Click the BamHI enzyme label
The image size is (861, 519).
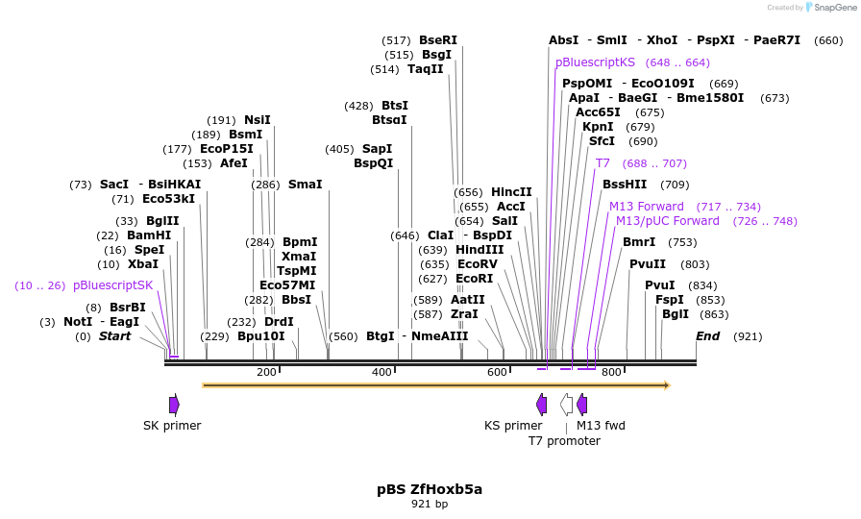click(148, 235)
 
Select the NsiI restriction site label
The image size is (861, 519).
click(257, 120)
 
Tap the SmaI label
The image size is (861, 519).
click(305, 185)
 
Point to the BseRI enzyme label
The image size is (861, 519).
click(438, 40)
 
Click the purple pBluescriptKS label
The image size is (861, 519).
click(595, 62)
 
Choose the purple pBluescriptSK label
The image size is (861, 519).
click(112, 285)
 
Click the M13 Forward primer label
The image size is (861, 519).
click(646, 207)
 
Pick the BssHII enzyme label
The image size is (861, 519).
click(625, 185)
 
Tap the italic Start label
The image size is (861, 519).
click(114, 336)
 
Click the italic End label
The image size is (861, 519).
click(707, 336)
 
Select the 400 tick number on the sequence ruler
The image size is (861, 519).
click(381, 372)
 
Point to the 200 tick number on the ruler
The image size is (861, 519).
click(266, 372)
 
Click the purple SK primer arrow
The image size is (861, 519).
click(174, 405)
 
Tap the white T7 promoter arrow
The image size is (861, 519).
click(567, 405)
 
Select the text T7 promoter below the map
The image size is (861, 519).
click(564, 441)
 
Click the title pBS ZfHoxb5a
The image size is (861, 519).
click(430, 489)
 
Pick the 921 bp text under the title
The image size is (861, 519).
click(430, 504)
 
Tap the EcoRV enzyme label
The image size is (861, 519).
click(477, 264)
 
